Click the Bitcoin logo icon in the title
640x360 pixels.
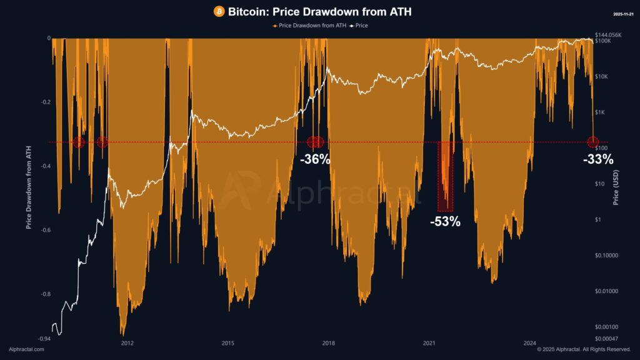(x=219, y=12)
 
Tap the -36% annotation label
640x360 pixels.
(x=315, y=159)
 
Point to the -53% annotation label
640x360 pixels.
(x=445, y=221)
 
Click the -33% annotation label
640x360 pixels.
(x=598, y=159)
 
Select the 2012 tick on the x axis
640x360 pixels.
(x=127, y=342)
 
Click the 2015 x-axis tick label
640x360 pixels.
(x=227, y=342)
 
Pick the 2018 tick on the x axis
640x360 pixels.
(x=328, y=342)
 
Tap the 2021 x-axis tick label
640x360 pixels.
(x=429, y=342)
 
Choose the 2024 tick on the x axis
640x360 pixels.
(x=529, y=342)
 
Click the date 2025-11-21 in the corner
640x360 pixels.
(x=622, y=13)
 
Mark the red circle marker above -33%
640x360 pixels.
(x=592, y=142)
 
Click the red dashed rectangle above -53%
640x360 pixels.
(x=445, y=176)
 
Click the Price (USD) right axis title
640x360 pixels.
(x=616, y=187)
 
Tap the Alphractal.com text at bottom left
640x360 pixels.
(x=26, y=349)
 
